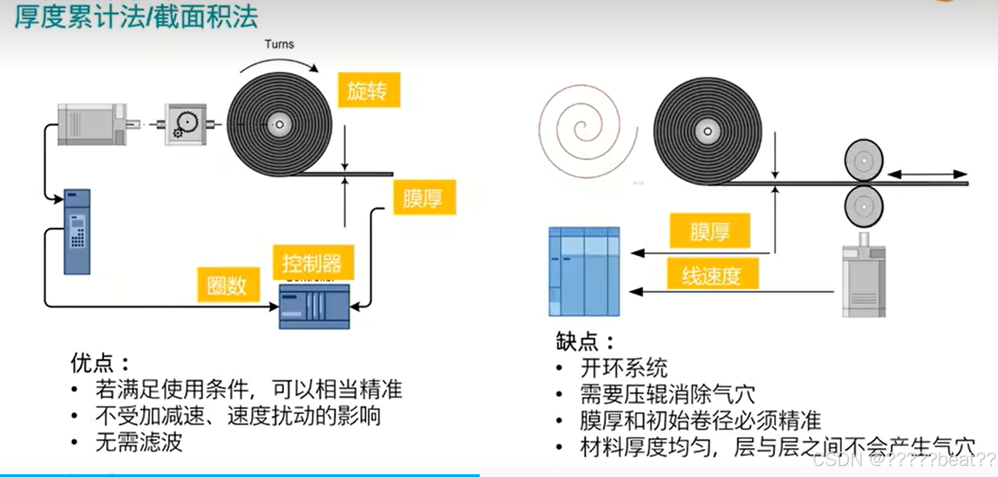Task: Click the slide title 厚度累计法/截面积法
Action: point(135,17)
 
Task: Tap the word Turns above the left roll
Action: point(279,44)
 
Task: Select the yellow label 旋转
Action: point(368,90)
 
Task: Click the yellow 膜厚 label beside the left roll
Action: point(424,198)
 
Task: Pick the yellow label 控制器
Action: point(312,263)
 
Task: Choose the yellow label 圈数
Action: point(227,285)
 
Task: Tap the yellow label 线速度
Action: point(712,275)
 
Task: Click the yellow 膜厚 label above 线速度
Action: point(710,231)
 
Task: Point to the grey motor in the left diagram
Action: point(92,124)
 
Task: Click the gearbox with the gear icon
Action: point(186,125)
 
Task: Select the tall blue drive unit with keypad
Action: point(77,232)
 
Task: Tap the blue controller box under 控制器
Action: point(314,306)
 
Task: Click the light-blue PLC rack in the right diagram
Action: point(584,272)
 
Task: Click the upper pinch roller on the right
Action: point(864,161)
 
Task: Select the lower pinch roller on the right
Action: point(864,207)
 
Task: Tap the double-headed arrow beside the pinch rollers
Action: point(928,174)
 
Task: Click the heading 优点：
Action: point(100,363)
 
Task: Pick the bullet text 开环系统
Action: point(623,368)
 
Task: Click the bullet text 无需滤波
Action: point(139,442)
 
